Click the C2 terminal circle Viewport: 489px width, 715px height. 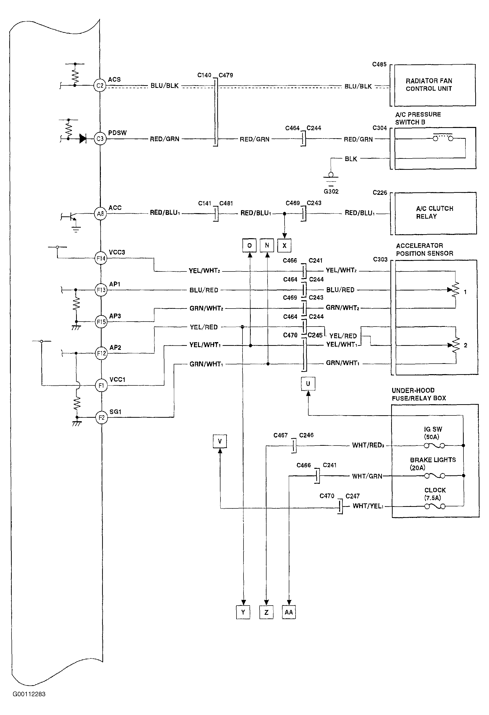100,86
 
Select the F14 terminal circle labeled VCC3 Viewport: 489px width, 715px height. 101,258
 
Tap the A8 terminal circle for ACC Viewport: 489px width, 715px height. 100,214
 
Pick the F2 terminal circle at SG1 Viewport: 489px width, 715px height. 101,417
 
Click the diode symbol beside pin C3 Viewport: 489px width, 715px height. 83,139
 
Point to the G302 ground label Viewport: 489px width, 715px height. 331,191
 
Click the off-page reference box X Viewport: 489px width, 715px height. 284,245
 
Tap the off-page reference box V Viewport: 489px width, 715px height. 220,441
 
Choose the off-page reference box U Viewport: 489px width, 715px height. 308,384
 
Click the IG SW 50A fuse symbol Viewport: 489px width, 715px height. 434,446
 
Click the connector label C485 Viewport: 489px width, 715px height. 379,64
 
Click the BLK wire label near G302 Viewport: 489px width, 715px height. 351,159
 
